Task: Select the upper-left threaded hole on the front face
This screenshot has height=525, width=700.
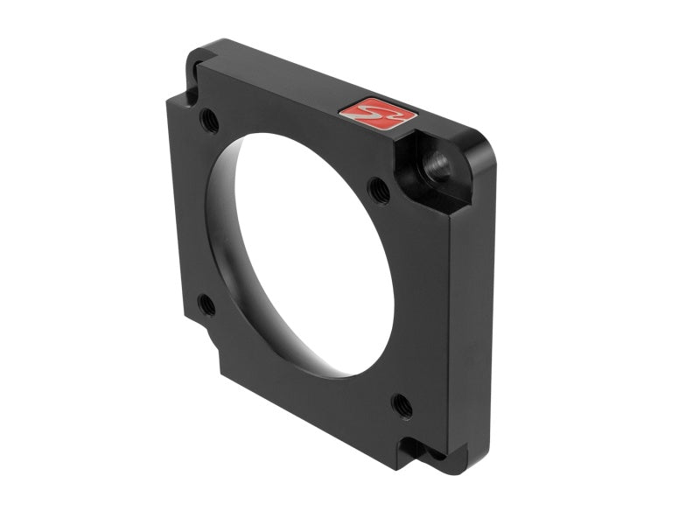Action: click(x=209, y=120)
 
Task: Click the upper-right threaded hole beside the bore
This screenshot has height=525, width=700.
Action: click(x=379, y=187)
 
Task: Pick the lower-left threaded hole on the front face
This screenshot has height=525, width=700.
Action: click(x=206, y=304)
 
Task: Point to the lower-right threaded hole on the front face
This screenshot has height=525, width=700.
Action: click(x=402, y=404)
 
